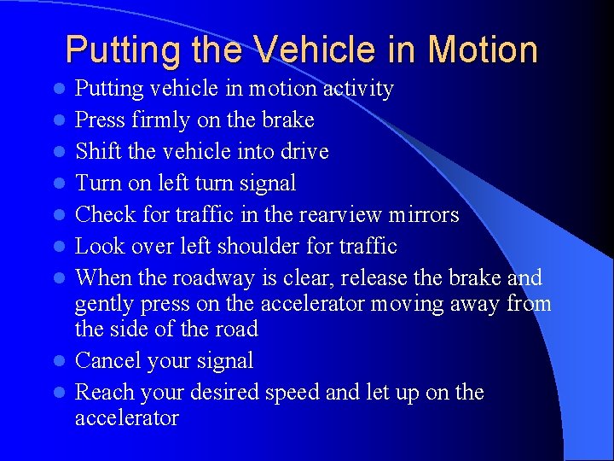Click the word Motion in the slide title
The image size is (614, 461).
point(483,50)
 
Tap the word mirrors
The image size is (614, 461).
point(424,214)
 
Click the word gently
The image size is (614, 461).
point(100,305)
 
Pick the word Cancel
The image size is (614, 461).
point(106,361)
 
